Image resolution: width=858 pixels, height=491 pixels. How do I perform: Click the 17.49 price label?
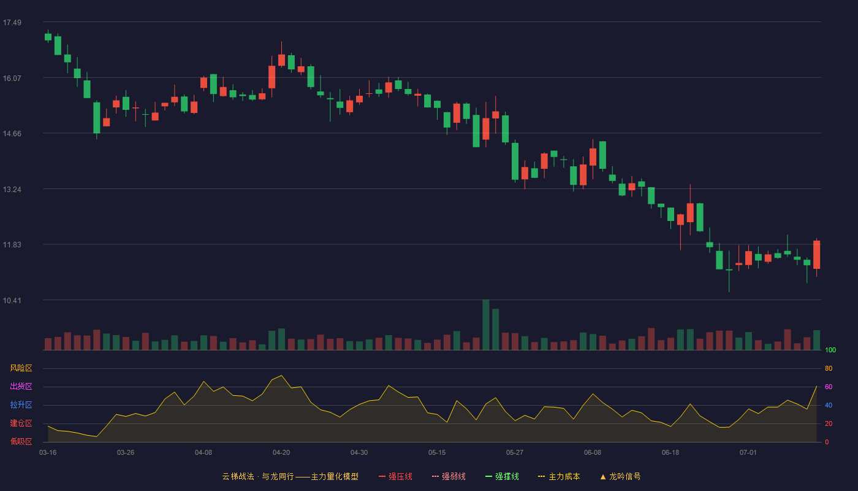(x=12, y=23)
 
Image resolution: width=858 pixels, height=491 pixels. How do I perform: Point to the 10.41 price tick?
(x=12, y=300)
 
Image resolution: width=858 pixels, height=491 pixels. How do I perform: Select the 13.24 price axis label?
(x=12, y=190)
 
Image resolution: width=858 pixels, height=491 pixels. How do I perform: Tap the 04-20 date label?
(x=281, y=453)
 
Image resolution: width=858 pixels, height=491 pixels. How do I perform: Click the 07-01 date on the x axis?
(x=748, y=453)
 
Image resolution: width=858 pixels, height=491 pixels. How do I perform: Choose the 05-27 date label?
(x=514, y=453)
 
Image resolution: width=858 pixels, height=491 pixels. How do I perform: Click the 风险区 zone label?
(x=21, y=368)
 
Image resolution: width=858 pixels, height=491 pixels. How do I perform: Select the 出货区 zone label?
(x=21, y=386)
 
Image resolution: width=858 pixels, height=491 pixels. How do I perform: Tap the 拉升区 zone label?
(x=21, y=404)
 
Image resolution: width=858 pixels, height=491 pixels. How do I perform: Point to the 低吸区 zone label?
(x=21, y=441)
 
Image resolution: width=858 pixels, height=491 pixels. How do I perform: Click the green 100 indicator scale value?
(x=830, y=350)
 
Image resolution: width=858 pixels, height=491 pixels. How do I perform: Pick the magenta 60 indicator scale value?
(x=829, y=387)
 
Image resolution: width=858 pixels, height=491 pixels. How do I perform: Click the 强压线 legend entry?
(x=395, y=476)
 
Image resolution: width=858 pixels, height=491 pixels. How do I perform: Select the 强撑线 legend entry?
(x=502, y=476)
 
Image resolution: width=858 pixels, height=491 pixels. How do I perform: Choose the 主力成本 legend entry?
(x=559, y=476)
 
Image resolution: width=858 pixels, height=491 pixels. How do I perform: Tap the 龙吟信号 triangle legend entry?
(x=620, y=476)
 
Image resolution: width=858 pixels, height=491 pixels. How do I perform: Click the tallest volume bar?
(x=485, y=325)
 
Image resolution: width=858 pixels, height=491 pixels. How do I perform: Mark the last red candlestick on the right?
(x=816, y=255)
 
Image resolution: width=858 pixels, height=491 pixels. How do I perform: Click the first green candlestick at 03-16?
(x=48, y=37)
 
